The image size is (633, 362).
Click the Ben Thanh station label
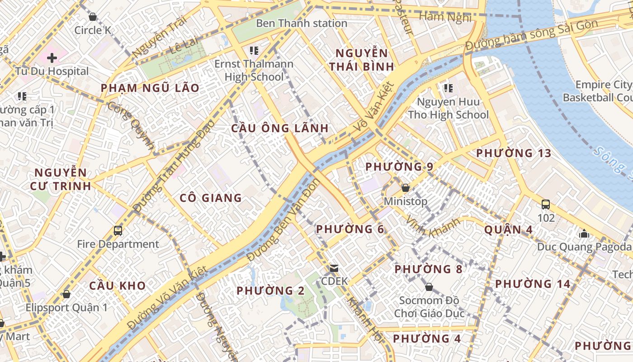tap(302, 23)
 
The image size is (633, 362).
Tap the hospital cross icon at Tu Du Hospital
tap(52, 58)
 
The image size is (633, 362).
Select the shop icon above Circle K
tap(93, 17)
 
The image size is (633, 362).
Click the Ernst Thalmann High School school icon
tap(254, 50)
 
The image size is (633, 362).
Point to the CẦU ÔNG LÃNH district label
tap(280, 128)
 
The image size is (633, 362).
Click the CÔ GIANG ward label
tap(211, 198)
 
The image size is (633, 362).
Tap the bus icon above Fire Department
tap(118, 230)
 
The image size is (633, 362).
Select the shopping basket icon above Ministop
tap(406, 187)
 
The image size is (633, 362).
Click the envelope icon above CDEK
tap(334, 268)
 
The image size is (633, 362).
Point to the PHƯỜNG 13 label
tap(514, 153)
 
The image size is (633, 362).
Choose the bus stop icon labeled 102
tap(546, 204)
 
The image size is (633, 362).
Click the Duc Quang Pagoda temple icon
tap(584, 233)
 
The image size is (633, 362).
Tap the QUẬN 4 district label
tap(508, 229)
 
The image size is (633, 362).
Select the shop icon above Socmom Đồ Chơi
tap(429, 287)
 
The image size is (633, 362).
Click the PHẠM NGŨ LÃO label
tap(150, 88)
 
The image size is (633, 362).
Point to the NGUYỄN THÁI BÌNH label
tap(361, 60)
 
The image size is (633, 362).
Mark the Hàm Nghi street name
tap(445, 17)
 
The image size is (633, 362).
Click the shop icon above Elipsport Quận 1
tap(66, 294)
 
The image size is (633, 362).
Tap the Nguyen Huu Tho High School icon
tap(448, 88)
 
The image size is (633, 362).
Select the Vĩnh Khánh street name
tap(433, 226)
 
